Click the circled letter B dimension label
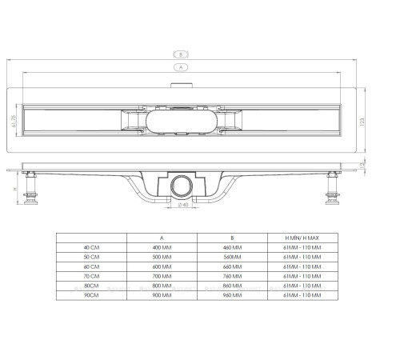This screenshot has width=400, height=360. (181, 54)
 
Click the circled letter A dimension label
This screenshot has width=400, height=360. (181, 68)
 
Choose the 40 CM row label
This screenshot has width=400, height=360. (92, 248)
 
